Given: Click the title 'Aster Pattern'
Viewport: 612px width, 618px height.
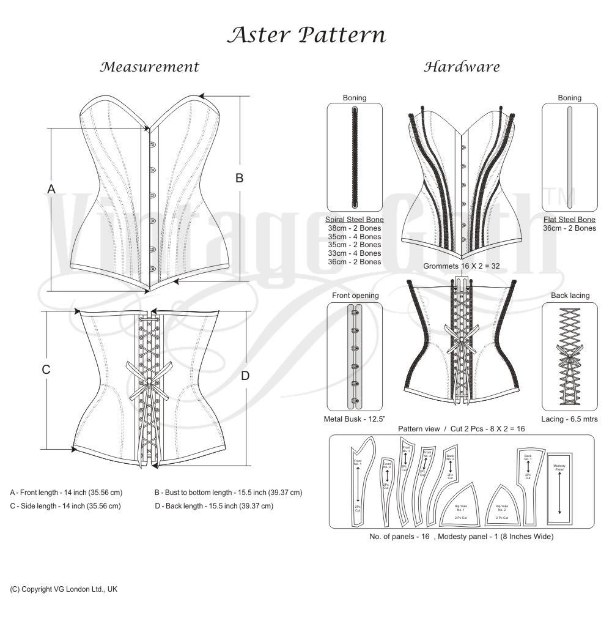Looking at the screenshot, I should click(x=306, y=35).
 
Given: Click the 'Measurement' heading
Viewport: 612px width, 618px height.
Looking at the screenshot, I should click(x=150, y=67).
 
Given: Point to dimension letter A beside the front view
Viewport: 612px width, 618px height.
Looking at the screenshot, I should click(x=51, y=189).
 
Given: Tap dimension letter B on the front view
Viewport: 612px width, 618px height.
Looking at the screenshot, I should click(x=240, y=178).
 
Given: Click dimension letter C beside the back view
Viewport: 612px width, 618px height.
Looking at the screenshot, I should click(x=46, y=370).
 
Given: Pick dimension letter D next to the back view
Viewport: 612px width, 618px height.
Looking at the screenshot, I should click(x=245, y=376).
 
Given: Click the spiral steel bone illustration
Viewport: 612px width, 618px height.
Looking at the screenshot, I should click(x=355, y=158).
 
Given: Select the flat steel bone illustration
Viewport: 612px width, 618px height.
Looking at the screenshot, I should click(x=569, y=158).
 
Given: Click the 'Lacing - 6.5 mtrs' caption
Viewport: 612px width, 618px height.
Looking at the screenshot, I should click(x=569, y=419).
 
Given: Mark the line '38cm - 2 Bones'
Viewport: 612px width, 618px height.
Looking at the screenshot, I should click(x=355, y=228).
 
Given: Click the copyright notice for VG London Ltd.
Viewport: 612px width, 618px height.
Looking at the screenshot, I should click(x=64, y=589).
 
